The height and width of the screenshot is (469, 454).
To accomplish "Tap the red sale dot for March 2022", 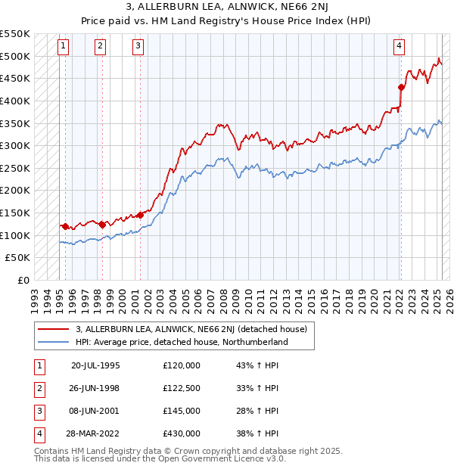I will pos(401,86).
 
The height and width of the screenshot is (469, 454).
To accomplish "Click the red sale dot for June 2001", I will pos(140,215).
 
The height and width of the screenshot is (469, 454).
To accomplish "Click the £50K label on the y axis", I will pos(18,258).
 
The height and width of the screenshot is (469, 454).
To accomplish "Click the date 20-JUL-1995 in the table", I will pos(95,365).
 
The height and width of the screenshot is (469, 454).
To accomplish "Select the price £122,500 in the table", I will pos(182,388).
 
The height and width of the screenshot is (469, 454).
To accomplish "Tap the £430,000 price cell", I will pos(182,433).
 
